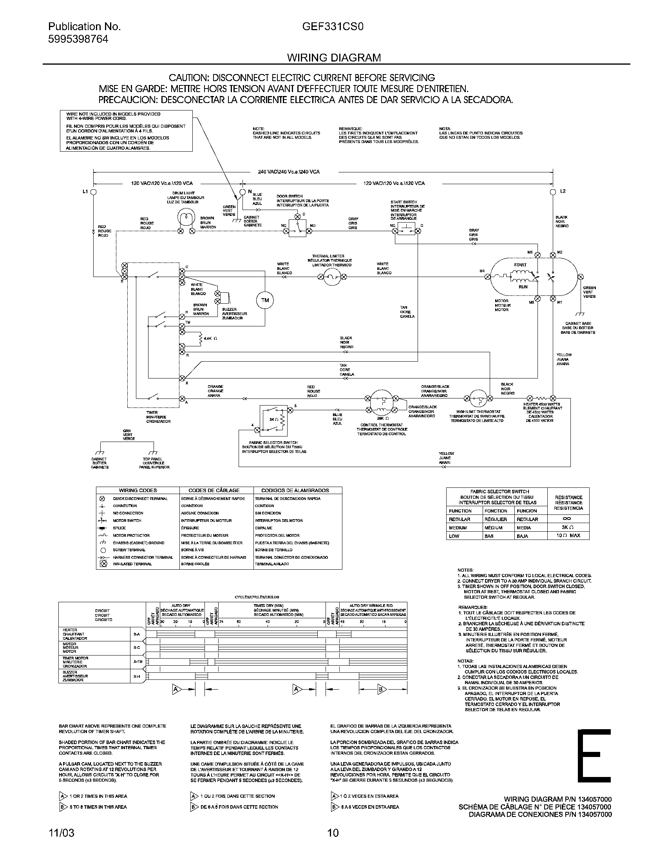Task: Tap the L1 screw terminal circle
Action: pos(94,192)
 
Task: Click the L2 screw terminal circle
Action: pos(553,192)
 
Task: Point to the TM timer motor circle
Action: pos(265,301)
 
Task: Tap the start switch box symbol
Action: pos(406,228)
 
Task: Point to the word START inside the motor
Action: pos(520,265)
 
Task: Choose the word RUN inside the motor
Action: pos(523,287)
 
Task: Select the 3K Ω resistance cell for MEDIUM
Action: pos(568,528)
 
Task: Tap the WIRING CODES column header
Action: pos(138,490)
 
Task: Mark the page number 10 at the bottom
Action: pos(333,833)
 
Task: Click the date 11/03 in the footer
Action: pos(61,833)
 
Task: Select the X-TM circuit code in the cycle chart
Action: pos(136,661)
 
